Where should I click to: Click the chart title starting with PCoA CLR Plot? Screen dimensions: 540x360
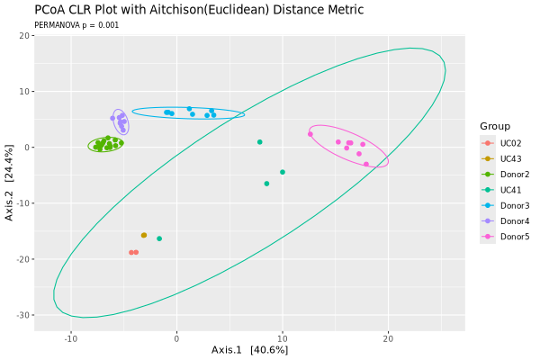[x=199, y=9]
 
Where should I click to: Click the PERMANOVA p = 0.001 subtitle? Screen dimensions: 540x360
[x=76, y=25]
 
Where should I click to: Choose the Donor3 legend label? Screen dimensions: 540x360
[x=515, y=206]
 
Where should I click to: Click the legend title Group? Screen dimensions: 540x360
[x=495, y=126]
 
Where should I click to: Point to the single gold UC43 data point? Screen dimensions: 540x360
[x=144, y=235]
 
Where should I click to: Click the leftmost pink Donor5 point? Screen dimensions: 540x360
[x=310, y=134]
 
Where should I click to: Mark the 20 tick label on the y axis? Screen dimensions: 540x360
[x=24, y=35]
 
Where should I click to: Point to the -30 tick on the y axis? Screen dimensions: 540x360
[x=22, y=315]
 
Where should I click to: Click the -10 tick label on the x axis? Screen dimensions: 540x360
[x=71, y=339]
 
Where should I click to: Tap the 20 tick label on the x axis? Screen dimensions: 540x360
[x=388, y=339]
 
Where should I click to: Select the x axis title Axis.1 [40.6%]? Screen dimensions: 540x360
[x=249, y=350]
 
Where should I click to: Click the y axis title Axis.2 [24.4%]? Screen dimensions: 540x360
[x=9, y=183]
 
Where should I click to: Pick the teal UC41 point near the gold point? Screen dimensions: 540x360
[x=159, y=238]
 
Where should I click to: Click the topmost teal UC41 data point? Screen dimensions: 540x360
[x=260, y=142]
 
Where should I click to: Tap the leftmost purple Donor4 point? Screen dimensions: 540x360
[x=112, y=119]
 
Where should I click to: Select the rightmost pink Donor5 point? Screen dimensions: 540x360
[x=366, y=165]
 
